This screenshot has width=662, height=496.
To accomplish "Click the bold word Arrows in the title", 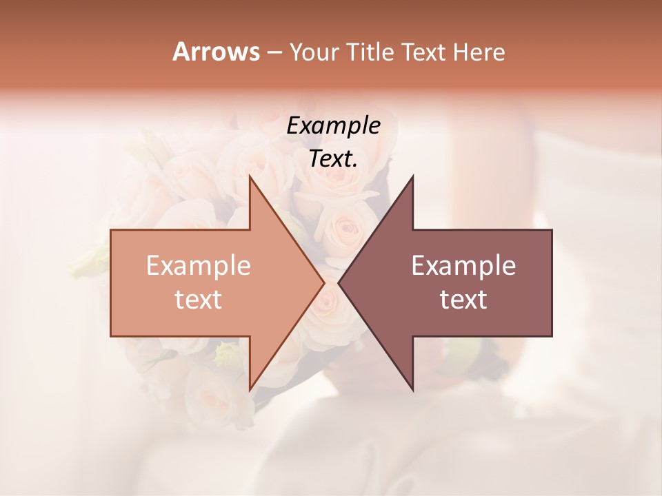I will (x=215, y=52).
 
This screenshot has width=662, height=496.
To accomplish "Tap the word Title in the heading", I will (x=371, y=52).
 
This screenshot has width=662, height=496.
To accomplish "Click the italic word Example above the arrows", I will (x=333, y=126).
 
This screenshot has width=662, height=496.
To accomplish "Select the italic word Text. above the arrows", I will (x=333, y=159).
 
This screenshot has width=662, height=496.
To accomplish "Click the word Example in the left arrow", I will (x=198, y=266).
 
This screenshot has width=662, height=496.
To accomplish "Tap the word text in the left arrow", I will (x=198, y=300).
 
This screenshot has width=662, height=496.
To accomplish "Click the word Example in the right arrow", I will (x=463, y=266).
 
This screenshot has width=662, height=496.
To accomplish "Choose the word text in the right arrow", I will (x=463, y=300).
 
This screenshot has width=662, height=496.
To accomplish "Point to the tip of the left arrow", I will (x=323, y=282).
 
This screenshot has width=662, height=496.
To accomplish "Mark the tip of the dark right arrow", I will (x=339, y=282).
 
